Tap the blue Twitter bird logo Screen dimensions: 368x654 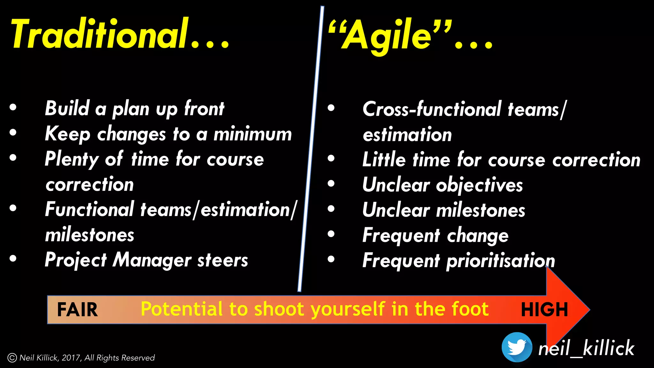coord(517,347)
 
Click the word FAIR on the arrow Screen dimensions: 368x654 coord(77,310)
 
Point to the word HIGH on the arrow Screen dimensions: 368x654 coord(544,310)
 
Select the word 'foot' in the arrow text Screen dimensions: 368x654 coord(470,309)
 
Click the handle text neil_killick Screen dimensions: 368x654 coord(586,348)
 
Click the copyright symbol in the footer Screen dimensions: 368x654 coord(12,358)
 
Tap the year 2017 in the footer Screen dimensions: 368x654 coord(71,358)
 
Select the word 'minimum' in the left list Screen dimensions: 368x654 coord(253,134)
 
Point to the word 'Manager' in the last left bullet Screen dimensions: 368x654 coord(152,260)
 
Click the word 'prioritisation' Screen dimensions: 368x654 coord(500,261)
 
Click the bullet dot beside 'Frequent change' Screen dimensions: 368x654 coord(331,234)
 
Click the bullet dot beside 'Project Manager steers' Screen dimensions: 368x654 coord(13,258)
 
